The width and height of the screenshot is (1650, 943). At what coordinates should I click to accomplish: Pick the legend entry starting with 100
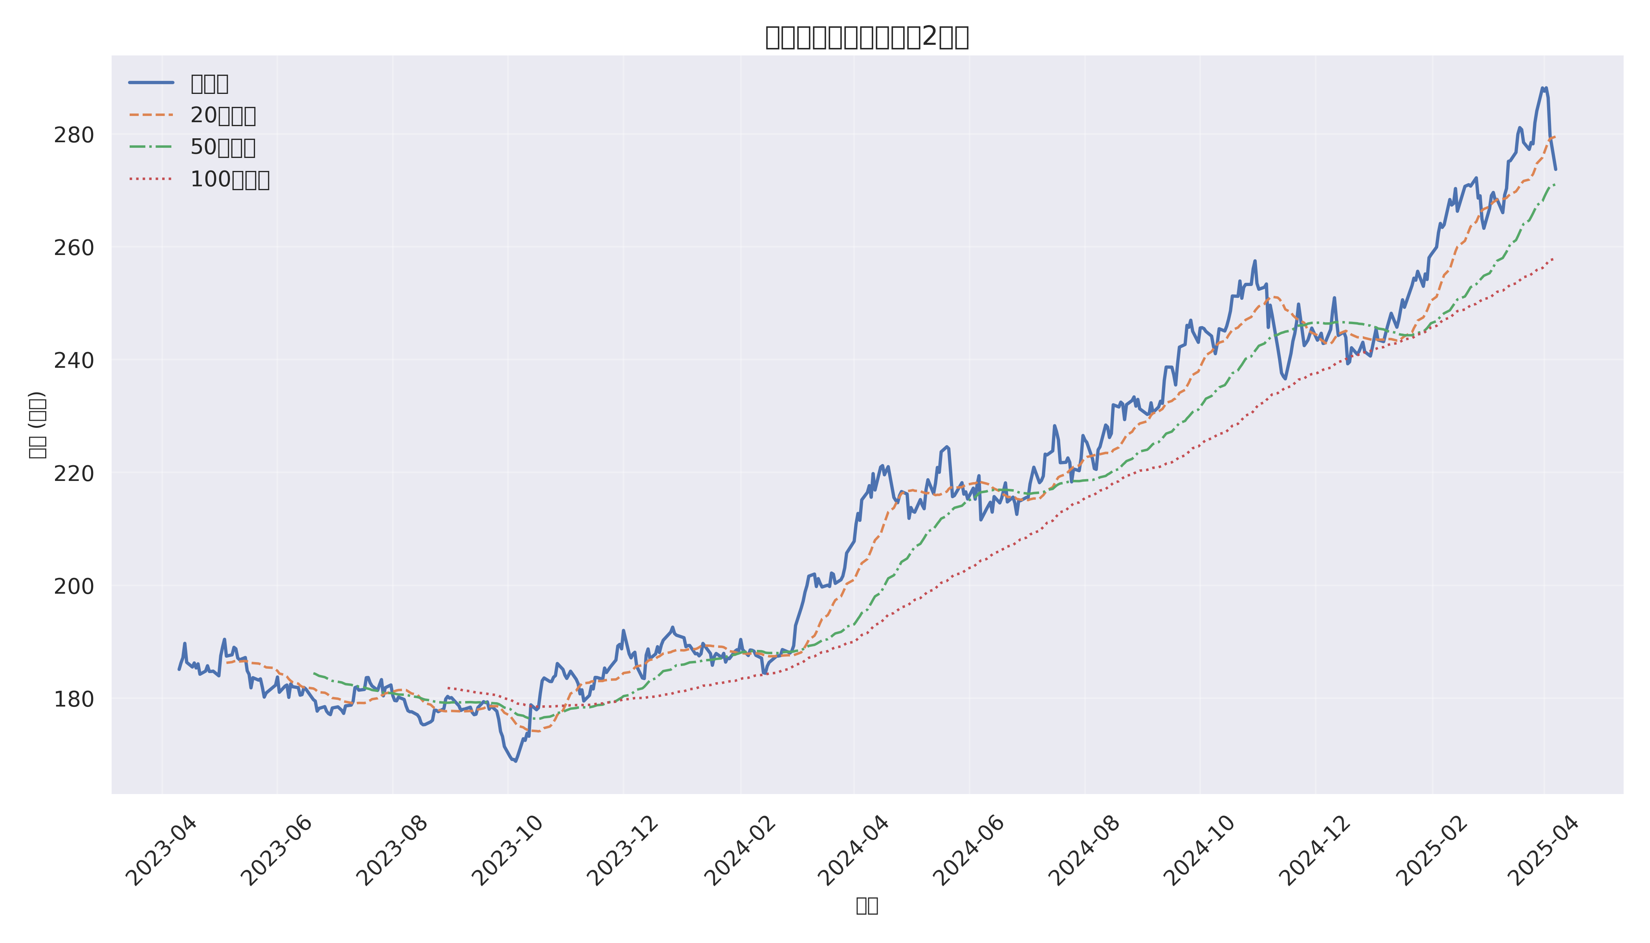pos(229,180)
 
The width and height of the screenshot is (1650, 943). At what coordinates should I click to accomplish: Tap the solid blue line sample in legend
pos(151,83)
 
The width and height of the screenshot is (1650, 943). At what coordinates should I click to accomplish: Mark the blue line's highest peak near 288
pos(1544,88)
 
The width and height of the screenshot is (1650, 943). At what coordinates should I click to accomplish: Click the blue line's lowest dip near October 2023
pos(515,761)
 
